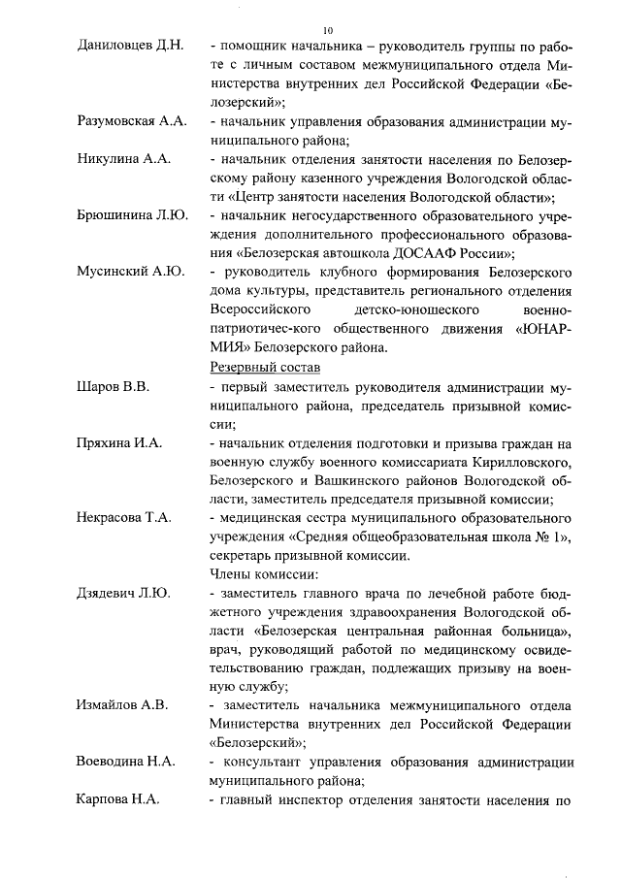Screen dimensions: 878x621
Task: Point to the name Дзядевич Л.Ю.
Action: coord(123,593)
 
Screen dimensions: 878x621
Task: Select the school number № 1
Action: coord(540,537)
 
